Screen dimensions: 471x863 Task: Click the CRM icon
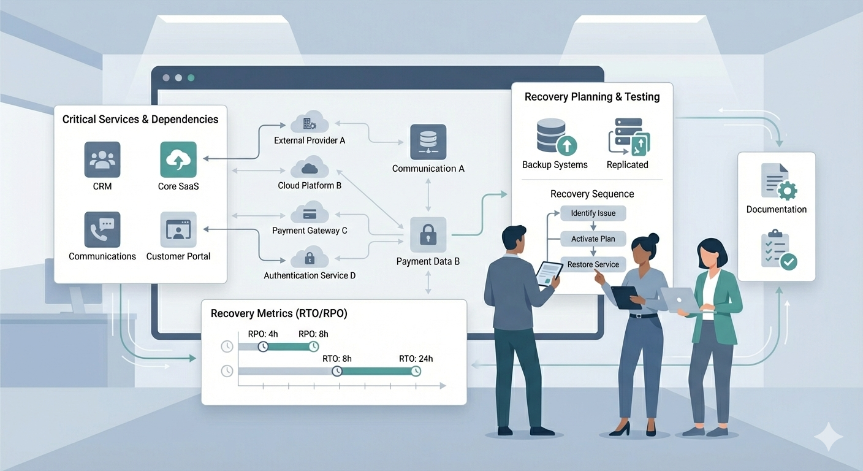coord(102,159)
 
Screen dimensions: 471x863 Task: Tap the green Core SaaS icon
coord(178,159)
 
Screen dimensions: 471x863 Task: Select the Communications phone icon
coord(102,230)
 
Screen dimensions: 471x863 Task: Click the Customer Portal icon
coord(178,230)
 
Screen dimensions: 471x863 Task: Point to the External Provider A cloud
coord(310,123)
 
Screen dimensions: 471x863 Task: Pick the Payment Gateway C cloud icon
coord(310,213)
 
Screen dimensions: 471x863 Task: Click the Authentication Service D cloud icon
coord(310,257)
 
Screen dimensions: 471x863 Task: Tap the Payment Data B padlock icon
coord(428,235)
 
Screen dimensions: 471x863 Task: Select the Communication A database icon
coord(428,143)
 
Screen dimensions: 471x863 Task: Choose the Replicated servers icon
coord(628,136)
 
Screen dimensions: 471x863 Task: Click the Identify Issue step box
coord(593,213)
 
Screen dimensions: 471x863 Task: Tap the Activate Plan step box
coord(593,239)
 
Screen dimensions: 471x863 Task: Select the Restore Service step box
coord(593,265)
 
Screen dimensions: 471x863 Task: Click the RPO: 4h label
coord(263,334)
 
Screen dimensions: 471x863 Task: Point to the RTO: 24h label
coord(416,359)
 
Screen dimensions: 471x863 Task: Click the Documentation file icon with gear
coord(777,182)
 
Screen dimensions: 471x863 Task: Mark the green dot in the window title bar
coord(191,78)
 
